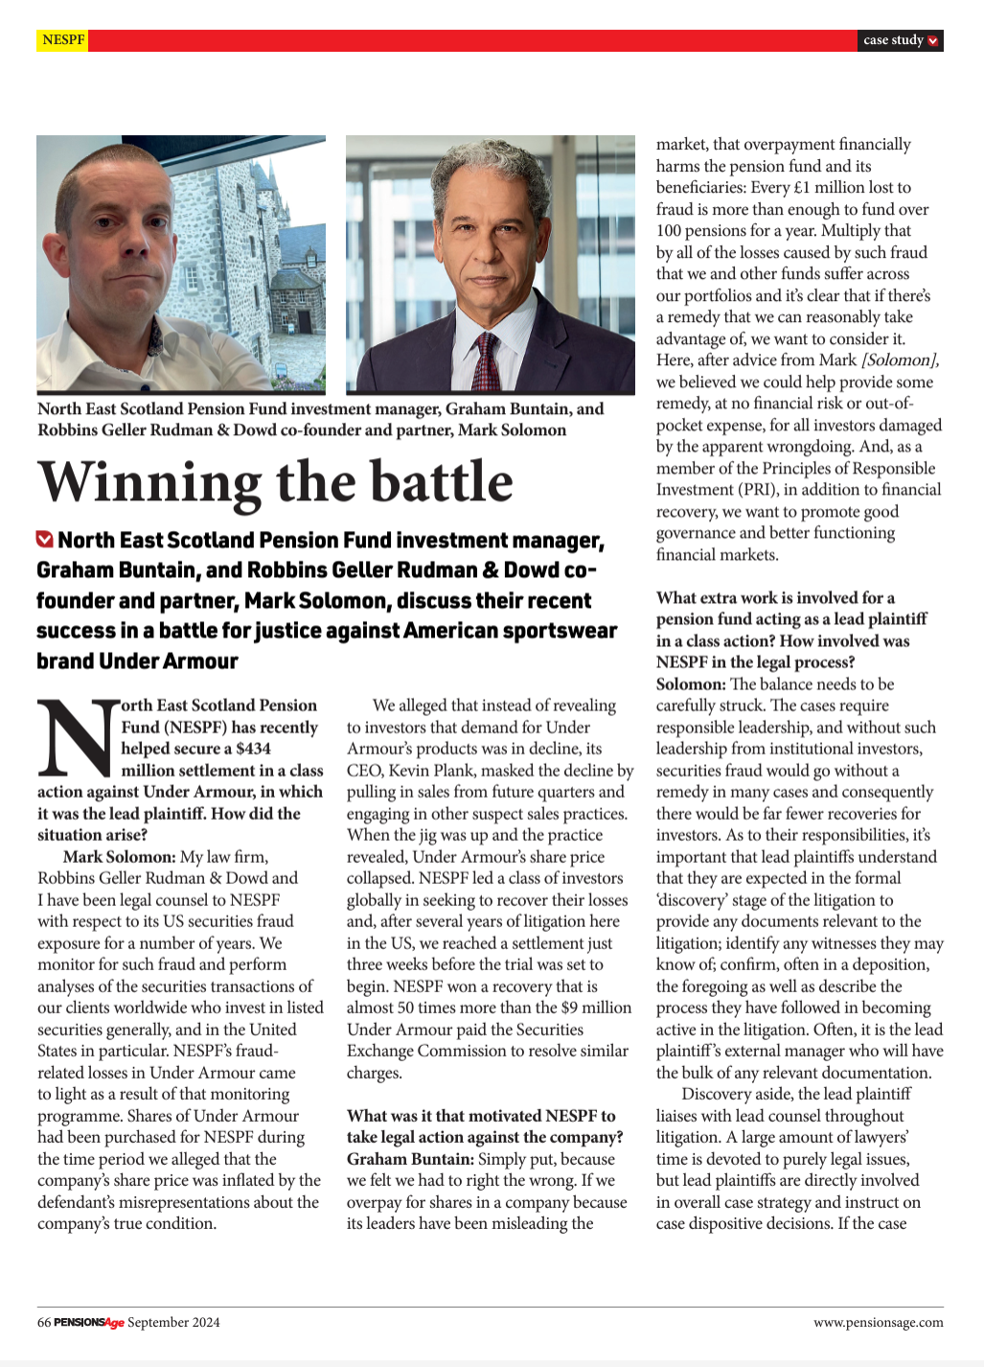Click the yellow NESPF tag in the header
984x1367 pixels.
pyautogui.click(x=63, y=40)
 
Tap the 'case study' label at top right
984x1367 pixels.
pyautogui.click(x=893, y=40)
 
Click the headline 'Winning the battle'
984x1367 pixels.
pyautogui.click(x=276, y=481)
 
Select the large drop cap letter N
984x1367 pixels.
pyautogui.click(x=77, y=738)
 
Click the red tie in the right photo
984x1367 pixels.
pyautogui.click(x=486, y=360)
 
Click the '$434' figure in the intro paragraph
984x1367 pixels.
pyautogui.click(x=253, y=749)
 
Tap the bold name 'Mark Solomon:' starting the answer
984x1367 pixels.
pyautogui.click(x=120, y=857)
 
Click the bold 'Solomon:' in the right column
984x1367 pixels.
pyautogui.click(x=691, y=684)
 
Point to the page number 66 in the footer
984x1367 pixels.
pyautogui.click(x=44, y=1323)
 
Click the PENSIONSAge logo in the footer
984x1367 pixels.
pyautogui.click(x=89, y=1323)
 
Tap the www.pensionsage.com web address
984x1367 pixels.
pyautogui.click(x=878, y=1323)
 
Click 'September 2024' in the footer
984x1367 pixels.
pyautogui.click(x=173, y=1323)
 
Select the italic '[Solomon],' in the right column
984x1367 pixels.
pyautogui.click(x=900, y=360)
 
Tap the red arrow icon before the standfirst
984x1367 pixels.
pyautogui.click(x=44, y=540)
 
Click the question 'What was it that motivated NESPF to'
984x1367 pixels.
pyautogui.click(x=481, y=1116)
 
